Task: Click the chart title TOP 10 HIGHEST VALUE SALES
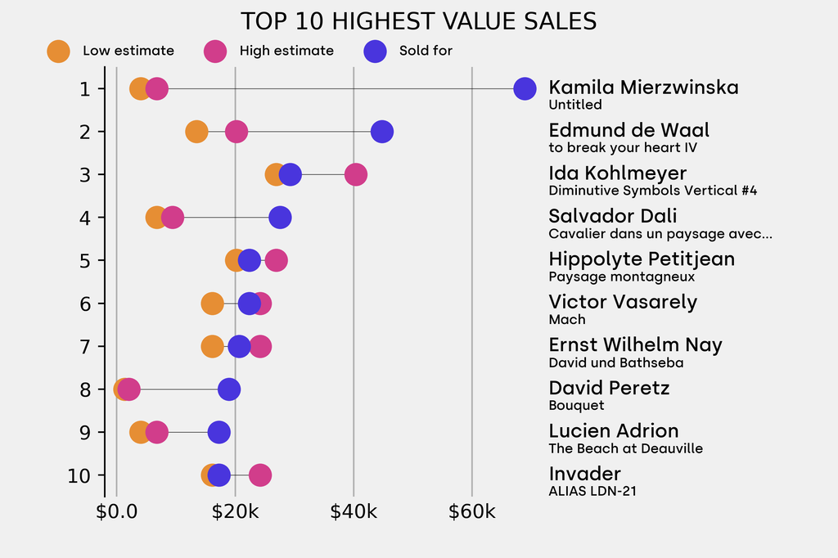[418, 20]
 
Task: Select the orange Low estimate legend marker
[58, 51]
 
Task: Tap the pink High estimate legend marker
[215, 51]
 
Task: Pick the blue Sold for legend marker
[375, 51]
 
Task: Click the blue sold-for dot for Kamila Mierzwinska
[525, 88]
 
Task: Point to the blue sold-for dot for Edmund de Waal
[381, 132]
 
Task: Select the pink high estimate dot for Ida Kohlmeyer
[355, 174]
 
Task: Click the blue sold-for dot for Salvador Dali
[280, 218]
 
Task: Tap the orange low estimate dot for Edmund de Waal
[196, 132]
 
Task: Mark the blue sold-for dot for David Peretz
[229, 389]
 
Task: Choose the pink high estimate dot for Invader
[259, 475]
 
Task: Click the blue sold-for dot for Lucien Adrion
[219, 432]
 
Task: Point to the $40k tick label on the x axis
[354, 513]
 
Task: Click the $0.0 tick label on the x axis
[117, 513]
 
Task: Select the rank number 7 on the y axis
[85, 346]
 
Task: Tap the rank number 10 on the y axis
[79, 475]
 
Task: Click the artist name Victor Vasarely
[623, 302]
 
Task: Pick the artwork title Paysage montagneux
[610, 277]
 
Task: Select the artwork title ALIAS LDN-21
[592, 492]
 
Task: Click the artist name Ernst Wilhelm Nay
[635, 344]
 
